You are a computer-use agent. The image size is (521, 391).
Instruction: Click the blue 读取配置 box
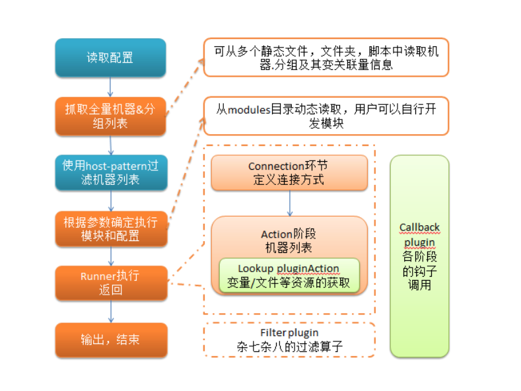coord(110,57)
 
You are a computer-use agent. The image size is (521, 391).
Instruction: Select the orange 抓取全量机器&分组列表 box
coord(110,116)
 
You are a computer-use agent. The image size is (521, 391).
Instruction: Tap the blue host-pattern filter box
coord(110,172)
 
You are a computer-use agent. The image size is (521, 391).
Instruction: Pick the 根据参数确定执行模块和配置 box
coord(110,229)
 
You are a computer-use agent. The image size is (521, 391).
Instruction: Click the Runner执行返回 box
coord(110,282)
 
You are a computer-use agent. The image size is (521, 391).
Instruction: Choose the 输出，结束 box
coord(110,339)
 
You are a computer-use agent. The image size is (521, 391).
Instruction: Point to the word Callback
coord(419,227)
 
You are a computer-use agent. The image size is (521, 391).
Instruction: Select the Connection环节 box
coord(289,173)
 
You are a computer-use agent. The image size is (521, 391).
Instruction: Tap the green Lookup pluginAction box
coord(289,275)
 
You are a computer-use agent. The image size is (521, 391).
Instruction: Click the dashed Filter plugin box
coord(289,339)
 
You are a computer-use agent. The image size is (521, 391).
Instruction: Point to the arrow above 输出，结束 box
coord(110,311)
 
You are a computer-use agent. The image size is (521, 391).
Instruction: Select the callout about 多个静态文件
coord(326,57)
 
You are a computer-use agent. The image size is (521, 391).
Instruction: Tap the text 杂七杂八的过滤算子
coord(289,346)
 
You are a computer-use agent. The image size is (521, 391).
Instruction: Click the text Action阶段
coord(289,234)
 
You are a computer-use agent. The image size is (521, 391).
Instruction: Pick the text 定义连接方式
coord(289,180)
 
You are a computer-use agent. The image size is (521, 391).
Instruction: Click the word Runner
coord(98,275)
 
